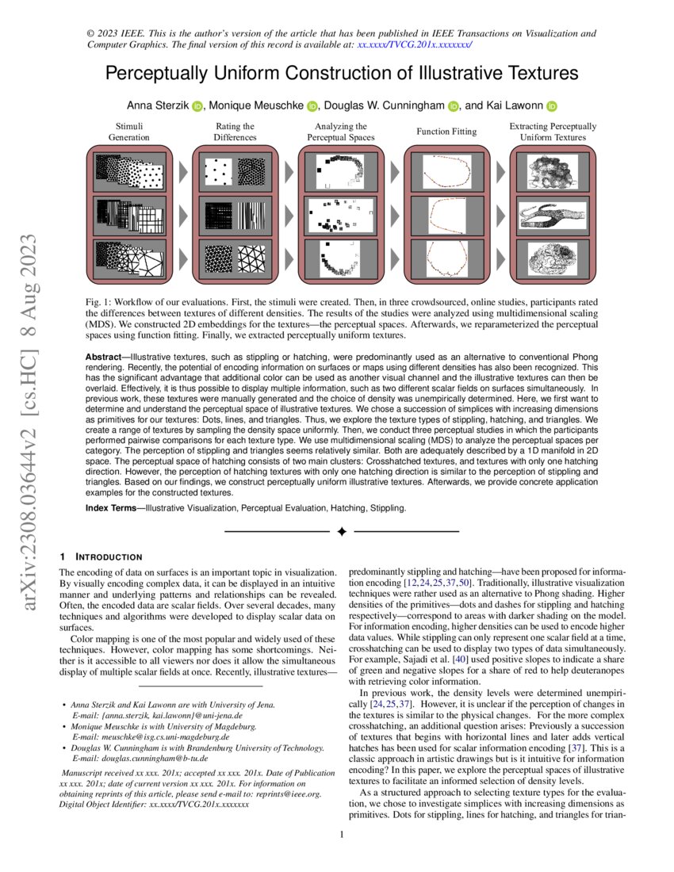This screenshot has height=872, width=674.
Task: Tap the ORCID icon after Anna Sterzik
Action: point(197,105)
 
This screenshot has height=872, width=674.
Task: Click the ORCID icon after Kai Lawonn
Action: point(552,105)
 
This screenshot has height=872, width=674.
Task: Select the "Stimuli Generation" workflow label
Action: point(128,132)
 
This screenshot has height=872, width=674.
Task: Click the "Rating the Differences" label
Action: point(235,132)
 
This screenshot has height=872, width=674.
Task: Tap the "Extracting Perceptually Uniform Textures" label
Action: point(553,132)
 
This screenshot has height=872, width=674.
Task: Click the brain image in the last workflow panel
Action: point(552,260)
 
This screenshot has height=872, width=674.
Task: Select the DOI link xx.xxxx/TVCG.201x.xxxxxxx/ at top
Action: point(414,46)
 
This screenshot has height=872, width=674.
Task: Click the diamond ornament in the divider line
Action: point(342,530)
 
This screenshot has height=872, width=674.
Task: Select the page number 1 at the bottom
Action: point(341,835)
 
